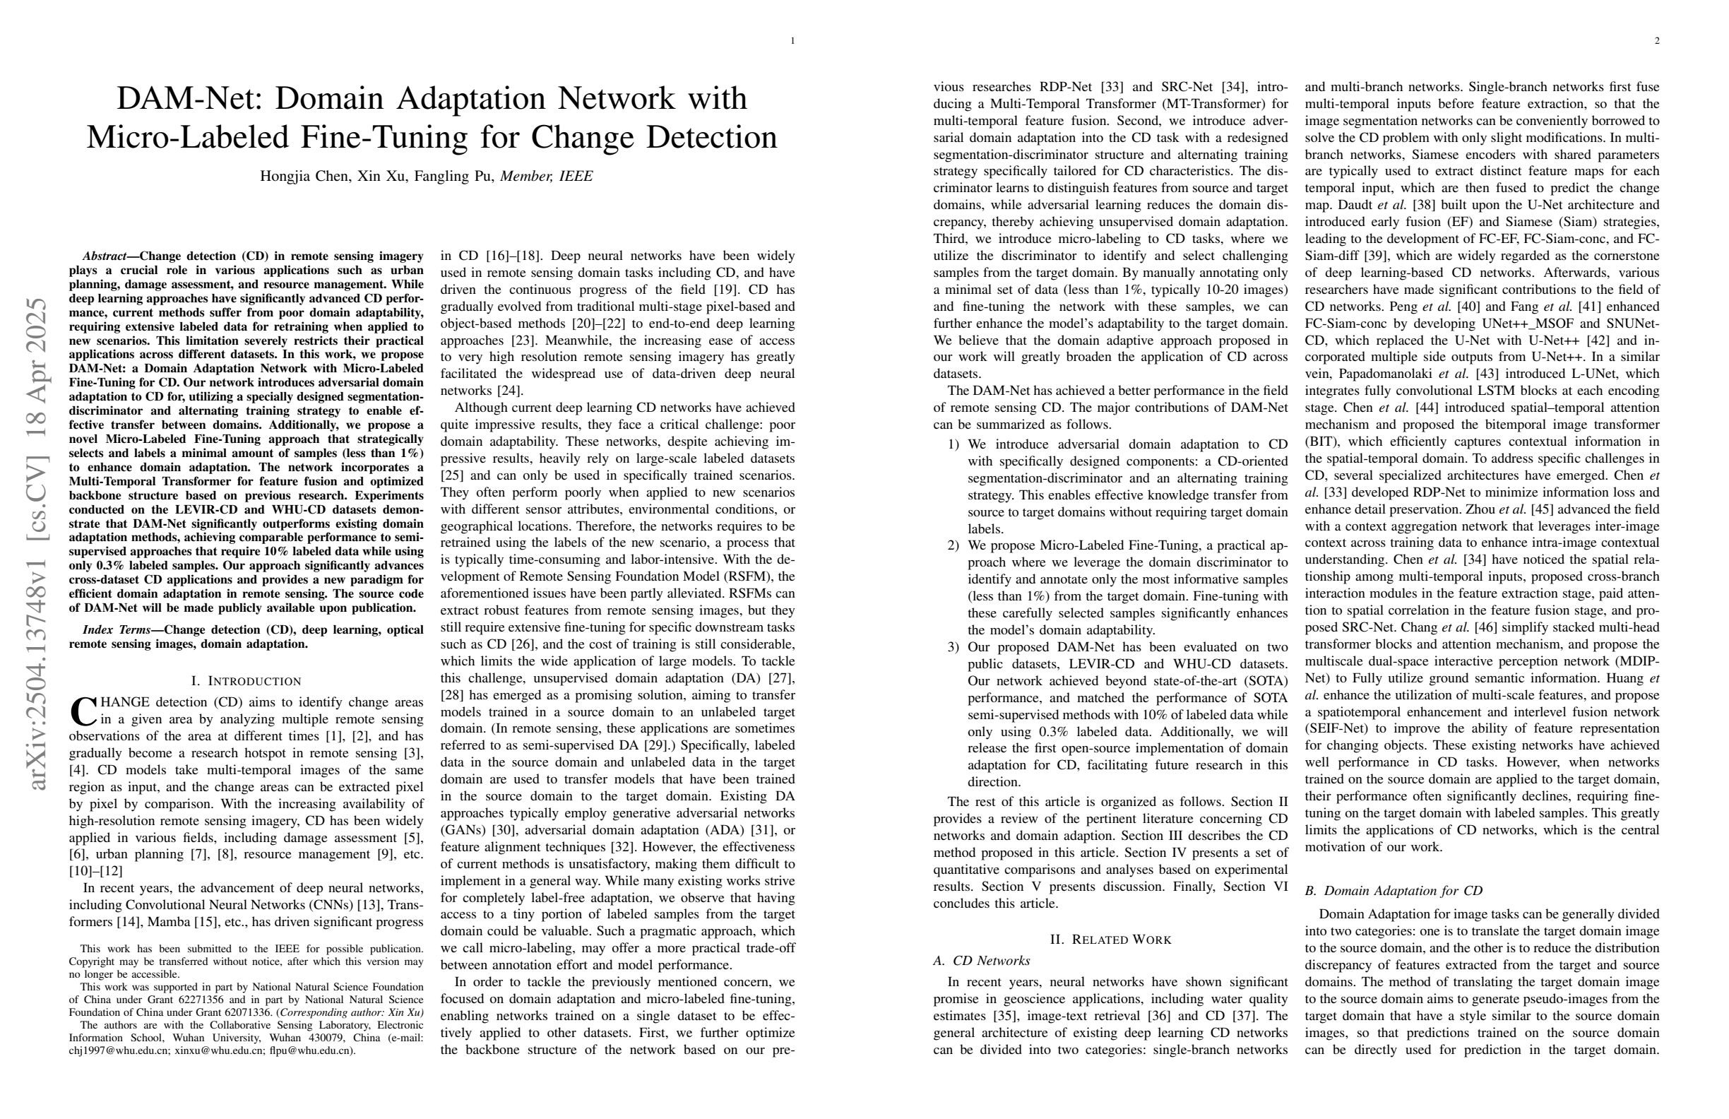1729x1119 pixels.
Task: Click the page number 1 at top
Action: [792, 41]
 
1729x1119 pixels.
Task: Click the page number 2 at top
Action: [1657, 41]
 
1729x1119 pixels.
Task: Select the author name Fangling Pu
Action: [453, 176]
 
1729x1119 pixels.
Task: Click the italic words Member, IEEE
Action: [546, 176]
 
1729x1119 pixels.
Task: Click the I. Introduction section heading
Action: [246, 681]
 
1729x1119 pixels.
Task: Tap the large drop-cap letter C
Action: [83, 712]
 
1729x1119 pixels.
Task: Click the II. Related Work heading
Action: [1111, 940]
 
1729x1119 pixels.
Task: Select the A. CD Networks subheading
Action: [982, 961]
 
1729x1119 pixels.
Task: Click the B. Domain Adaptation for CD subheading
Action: [1394, 891]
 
